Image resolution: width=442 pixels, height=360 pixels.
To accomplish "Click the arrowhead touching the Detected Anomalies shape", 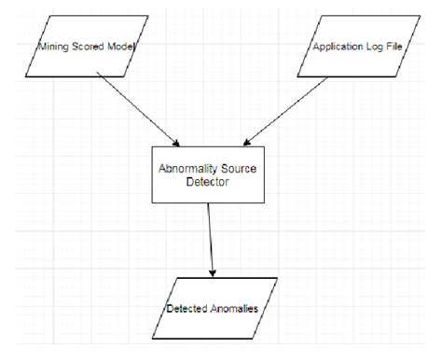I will [214, 273].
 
